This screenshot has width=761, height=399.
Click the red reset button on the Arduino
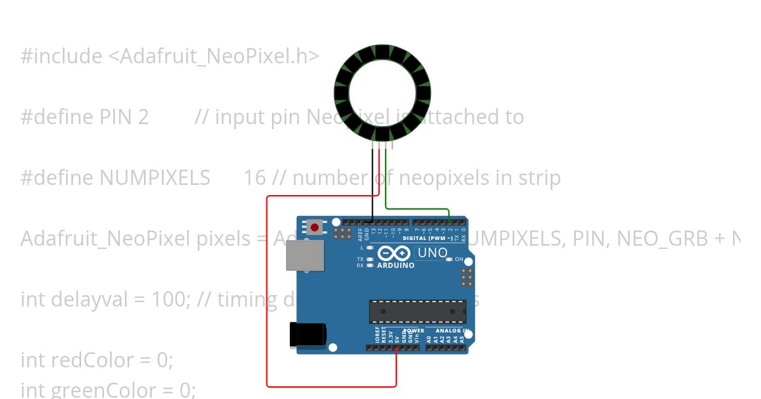click(315, 227)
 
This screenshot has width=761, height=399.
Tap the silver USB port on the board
click(304, 256)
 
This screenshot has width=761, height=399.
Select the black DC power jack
click(308, 334)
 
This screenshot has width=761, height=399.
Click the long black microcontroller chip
click(417, 312)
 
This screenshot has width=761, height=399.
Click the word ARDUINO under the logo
click(395, 265)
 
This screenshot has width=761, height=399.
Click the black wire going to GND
click(372, 184)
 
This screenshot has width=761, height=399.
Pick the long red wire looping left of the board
click(267, 291)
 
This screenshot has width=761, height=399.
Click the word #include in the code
click(61, 56)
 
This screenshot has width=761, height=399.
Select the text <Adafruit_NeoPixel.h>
click(214, 56)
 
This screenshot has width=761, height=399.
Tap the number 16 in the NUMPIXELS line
click(254, 178)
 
